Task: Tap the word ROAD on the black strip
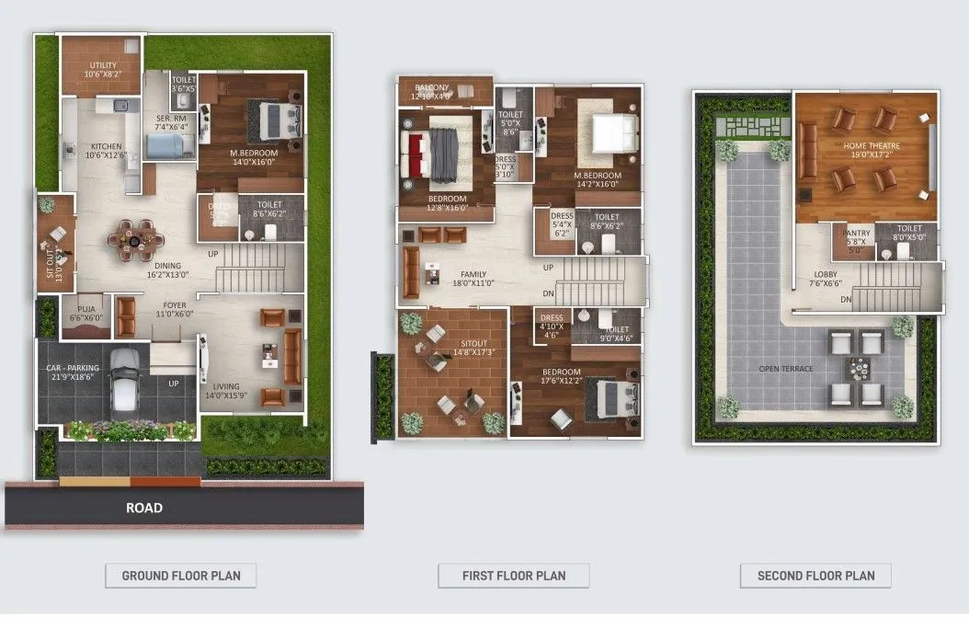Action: [x=144, y=508]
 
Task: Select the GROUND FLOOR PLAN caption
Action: [x=181, y=576]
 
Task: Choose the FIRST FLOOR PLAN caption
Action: [x=514, y=576]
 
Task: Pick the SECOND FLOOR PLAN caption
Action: [x=816, y=576]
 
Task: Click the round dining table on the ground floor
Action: [x=134, y=240]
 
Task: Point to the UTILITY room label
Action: [x=103, y=64]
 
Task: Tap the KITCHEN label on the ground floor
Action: [x=106, y=146]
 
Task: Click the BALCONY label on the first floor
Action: [x=432, y=87]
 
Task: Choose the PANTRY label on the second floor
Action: [x=857, y=234]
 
